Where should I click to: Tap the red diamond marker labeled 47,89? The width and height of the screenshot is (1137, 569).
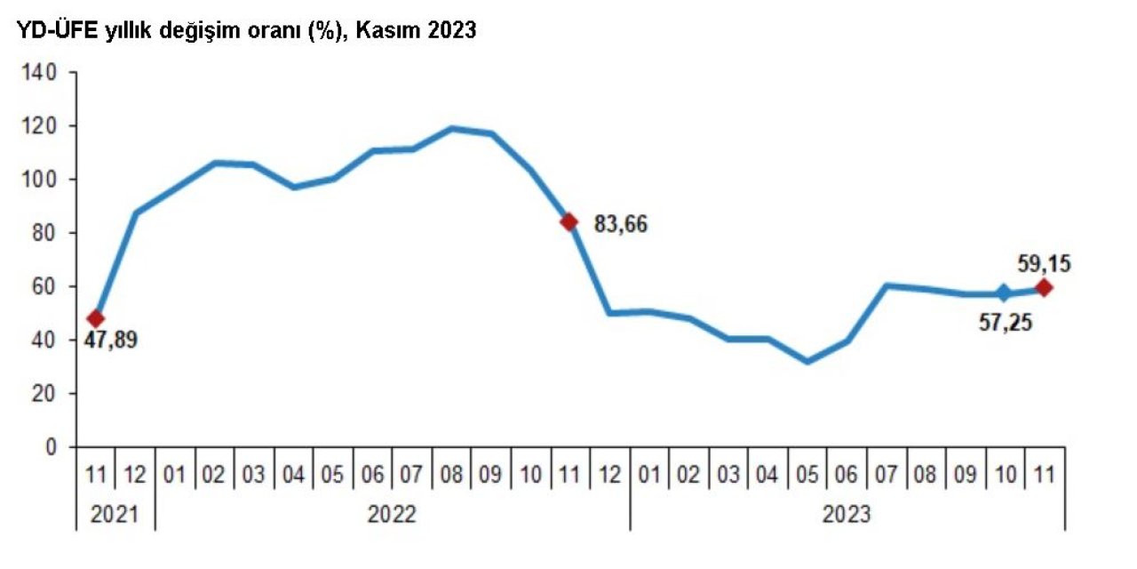pyautogui.click(x=96, y=318)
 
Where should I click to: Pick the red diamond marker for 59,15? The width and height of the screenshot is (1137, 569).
pyautogui.click(x=1044, y=287)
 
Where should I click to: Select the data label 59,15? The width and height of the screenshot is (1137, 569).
pyautogui.click(x=1044, y=263)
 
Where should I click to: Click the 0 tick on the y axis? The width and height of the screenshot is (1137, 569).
pyautogui.click(x=52, y=446)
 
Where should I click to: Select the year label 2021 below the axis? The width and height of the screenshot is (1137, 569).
pyautogui.click(x=115, y=514)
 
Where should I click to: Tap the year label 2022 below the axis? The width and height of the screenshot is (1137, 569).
pyautogui.click(x=392, y=514)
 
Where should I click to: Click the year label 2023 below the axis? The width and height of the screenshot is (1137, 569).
pyautogui.click(x=846, y=514)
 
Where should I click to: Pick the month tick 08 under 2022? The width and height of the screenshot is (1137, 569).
pyautogui.click(x=452, y=475)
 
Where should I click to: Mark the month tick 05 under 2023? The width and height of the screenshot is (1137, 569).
pyautogui.click(x=807, y=475)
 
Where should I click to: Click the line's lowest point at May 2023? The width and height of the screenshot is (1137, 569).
pyautogui.click(x=807, y=361)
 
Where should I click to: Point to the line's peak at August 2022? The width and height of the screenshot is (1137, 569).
pyautogui.click(x=452, y=129)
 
